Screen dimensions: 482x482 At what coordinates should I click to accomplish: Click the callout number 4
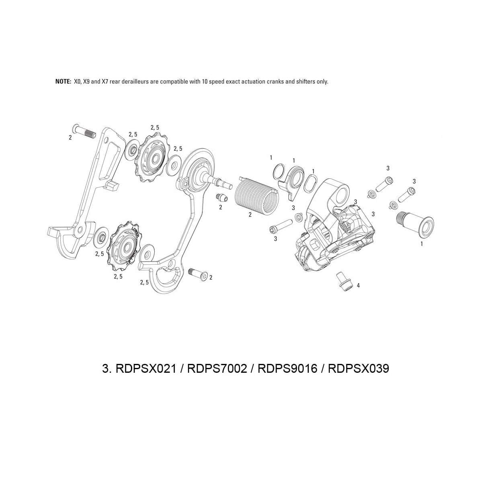(x=358, y=285)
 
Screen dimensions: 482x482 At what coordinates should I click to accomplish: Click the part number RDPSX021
(x=146, y=368)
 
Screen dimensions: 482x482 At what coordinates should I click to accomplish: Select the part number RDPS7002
(x=216, y=368)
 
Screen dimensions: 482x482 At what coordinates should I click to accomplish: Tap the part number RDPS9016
(x=287, y=368)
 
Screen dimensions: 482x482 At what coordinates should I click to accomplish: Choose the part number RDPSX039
(x=358, y=368)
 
